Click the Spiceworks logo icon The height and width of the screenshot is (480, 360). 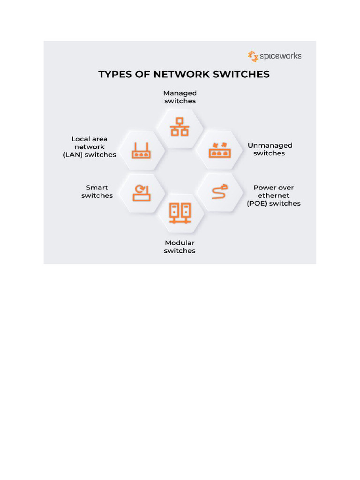point(253,56)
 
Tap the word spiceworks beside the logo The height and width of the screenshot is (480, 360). point(280,56)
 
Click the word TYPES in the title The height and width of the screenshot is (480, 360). point(114,74)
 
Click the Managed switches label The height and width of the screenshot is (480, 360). point(180,97)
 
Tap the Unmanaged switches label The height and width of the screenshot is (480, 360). point(270,149)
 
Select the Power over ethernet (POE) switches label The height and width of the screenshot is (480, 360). point(274,195)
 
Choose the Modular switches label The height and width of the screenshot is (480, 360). point(180,247)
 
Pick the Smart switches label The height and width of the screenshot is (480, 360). point(97,191)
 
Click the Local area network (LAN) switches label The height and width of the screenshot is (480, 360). point(90,147)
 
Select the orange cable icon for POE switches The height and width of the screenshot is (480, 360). point(220,191)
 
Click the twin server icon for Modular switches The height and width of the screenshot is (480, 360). point(180,214)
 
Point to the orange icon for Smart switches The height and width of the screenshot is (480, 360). point(141,193)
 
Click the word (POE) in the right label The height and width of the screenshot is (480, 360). point(256,203)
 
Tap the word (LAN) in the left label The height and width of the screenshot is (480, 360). point(73,155)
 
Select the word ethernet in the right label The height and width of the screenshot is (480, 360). point(274,195)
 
